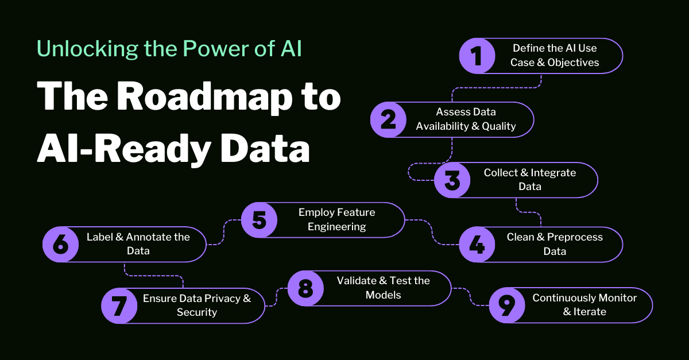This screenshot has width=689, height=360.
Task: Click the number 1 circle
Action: pos(477,56)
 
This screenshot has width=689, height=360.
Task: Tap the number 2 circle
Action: pos(388,119)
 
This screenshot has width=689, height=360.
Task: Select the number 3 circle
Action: pos(452,180)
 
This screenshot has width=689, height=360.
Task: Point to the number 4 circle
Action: pos(477,245)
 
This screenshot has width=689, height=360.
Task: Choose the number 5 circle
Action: pos(259,220)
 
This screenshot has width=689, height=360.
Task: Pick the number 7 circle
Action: pos(119,305)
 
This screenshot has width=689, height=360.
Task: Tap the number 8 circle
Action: pos(305,288)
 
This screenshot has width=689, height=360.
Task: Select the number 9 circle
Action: pos(506,305)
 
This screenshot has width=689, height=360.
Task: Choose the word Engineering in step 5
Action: pos(336,227)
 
